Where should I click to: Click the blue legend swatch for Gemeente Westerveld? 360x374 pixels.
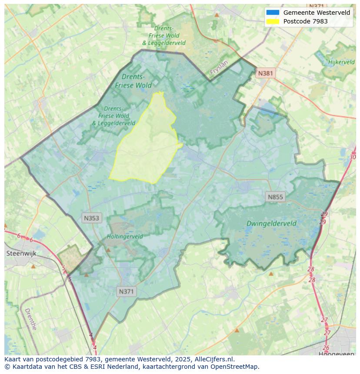point(273,13)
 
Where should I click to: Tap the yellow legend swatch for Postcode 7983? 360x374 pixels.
point(273,21)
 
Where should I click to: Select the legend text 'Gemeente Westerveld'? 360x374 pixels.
point(317,13)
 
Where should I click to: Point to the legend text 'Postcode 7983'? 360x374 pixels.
point(305,21)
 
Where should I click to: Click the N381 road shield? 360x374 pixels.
point(265,73)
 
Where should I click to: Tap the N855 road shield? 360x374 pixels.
point(275,197)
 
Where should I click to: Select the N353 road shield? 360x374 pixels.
point(92,218)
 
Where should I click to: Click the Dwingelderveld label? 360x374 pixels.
point(271,224)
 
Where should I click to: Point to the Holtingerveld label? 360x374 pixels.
point(125,237)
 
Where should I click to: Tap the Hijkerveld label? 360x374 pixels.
point(342,62)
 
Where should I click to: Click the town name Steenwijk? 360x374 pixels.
point(21,253)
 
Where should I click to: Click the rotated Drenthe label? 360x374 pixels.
point(30,319)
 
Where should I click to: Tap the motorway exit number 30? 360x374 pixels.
point(352,157)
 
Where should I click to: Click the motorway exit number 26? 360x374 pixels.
point(326,348)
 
